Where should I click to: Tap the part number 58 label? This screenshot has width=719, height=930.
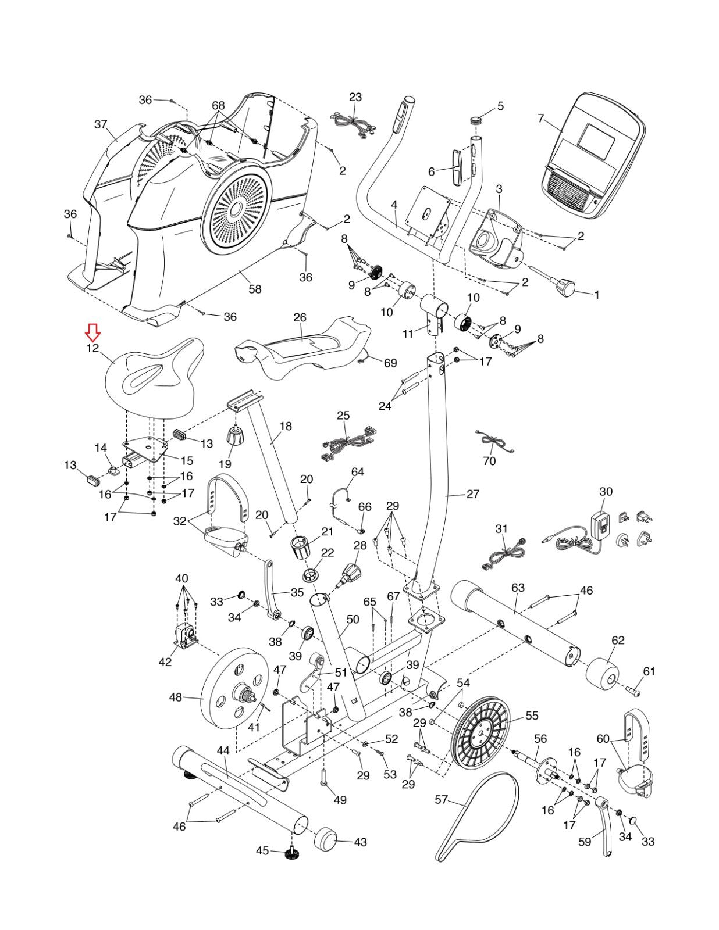point(255,289)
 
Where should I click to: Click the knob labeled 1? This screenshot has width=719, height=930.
point(564,286)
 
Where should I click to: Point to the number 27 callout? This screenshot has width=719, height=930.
point(473,494)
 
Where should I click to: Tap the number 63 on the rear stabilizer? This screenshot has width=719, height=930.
point(518,588)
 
